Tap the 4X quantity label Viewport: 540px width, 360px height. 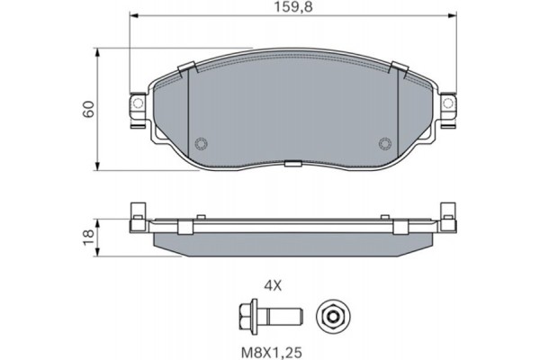pos(274,285)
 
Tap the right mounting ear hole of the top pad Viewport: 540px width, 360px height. pos(446,105)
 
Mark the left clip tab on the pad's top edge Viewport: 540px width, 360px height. pos(187,69)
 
